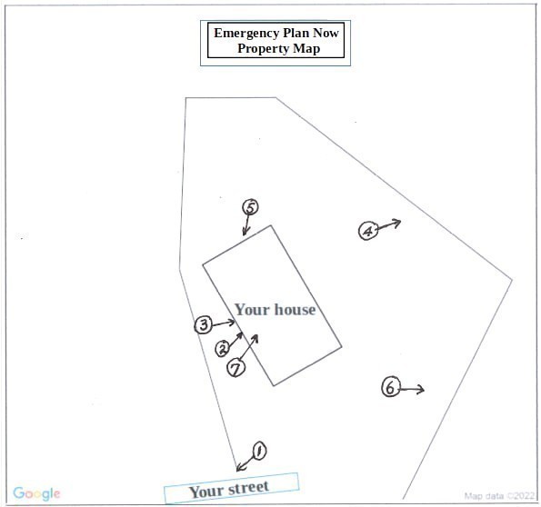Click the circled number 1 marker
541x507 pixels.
pos(258,451)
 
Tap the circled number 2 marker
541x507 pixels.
pos(223,349)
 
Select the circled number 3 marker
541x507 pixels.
pos(204,324)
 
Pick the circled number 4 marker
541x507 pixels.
pos(367,231)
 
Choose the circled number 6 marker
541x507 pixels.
pos(390,388)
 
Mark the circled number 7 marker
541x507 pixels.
pos(236,368)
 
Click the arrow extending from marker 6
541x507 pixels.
pos(412,389)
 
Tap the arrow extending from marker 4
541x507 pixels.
pos(388,224)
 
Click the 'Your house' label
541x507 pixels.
pos(275,310)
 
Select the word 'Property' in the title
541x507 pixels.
pos(264,48)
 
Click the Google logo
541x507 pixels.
pos(36,494)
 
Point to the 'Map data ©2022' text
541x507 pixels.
pos(500,496)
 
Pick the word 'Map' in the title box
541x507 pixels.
pos(306,48)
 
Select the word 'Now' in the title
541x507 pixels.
pos(323,33)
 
